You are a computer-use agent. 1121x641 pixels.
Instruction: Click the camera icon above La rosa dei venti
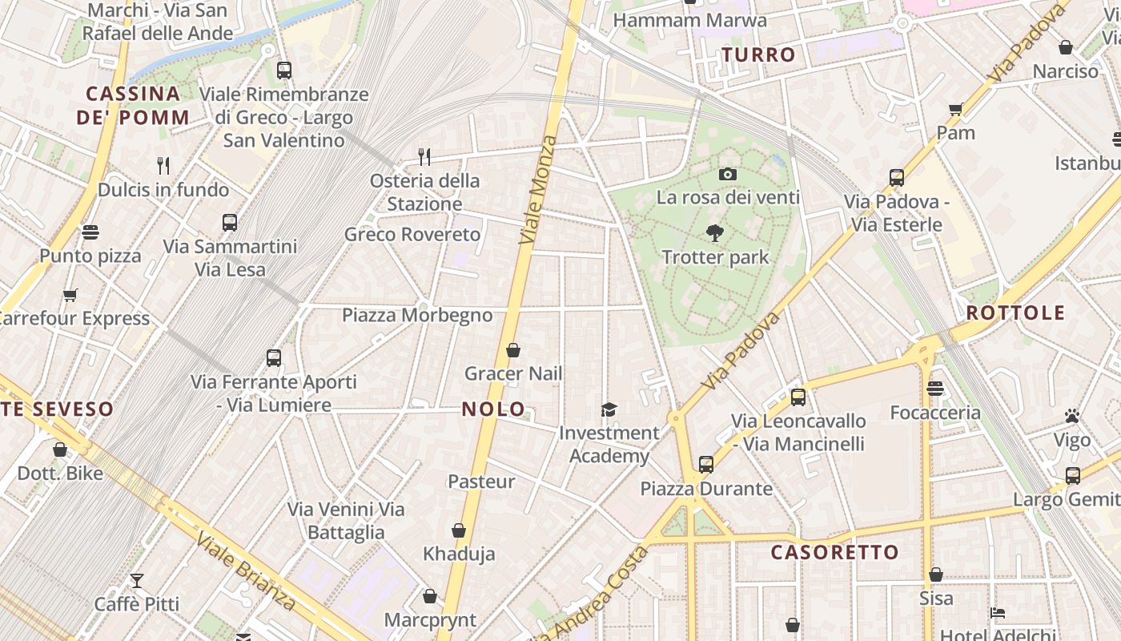point(727,174)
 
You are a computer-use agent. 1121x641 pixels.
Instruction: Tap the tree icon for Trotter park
point(715,233)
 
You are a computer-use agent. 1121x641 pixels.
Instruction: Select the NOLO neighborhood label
point(493,409)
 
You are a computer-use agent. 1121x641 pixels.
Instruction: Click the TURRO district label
point(758,55)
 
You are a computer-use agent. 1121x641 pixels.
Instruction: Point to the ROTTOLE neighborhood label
point(1015,312)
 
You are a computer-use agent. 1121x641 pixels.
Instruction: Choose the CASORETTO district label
point(834,552)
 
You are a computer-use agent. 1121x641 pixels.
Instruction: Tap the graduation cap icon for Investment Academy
point(609,409)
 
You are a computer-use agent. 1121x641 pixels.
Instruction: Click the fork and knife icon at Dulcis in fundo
point(163,166)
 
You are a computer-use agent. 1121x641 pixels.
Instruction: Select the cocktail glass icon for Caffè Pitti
point(137,580)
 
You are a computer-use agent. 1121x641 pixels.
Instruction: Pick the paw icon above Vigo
point(1072,416)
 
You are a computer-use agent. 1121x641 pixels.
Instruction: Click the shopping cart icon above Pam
point(955,109)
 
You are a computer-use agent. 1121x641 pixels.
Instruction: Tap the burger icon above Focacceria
point(934,389)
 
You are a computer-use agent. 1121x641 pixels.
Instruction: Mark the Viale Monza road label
point(537,190)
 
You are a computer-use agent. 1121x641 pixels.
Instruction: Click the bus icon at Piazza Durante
point(705,464)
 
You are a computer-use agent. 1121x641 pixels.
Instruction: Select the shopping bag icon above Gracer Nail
point(513,350)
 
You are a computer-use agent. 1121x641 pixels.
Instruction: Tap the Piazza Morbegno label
point(417,315)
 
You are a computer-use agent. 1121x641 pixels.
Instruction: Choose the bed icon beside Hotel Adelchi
point(997,613)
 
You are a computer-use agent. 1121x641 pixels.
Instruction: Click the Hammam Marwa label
point(689,20)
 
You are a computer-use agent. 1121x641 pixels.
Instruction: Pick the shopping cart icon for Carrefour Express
point(70,295)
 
